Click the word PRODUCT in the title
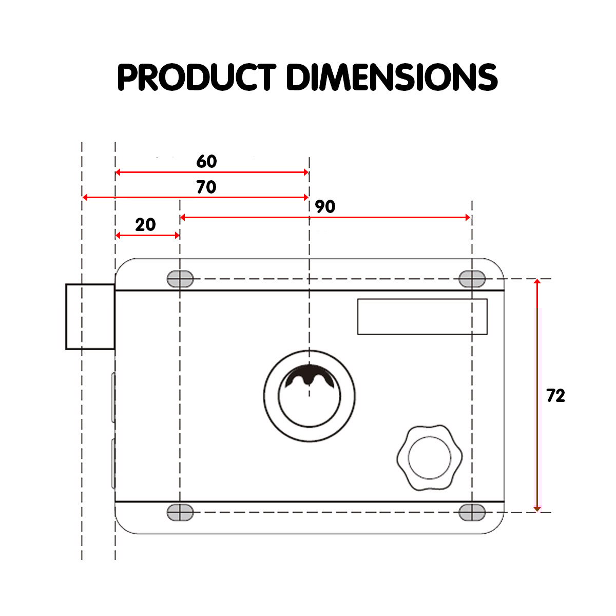[197, 76]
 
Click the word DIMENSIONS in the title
[392, 76]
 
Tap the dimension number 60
[206, 161]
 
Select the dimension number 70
[206, 187]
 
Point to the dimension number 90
[325, 206]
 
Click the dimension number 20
[145, 224]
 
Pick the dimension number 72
[556, 395]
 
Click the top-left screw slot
[180, 279]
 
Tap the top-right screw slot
[472, 279]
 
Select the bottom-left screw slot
[180, 512]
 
